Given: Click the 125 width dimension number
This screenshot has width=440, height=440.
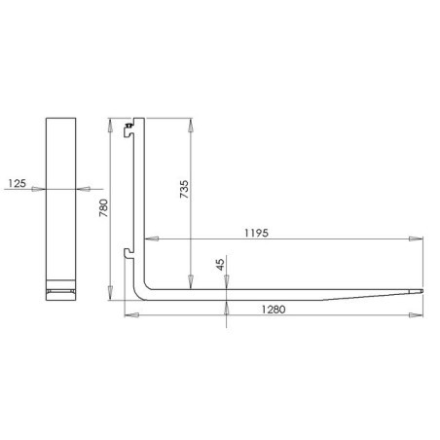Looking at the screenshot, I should pyautogui.click(x=15, y=181).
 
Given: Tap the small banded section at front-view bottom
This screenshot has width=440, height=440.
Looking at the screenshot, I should pyautogui.click(x=60, y=291).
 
